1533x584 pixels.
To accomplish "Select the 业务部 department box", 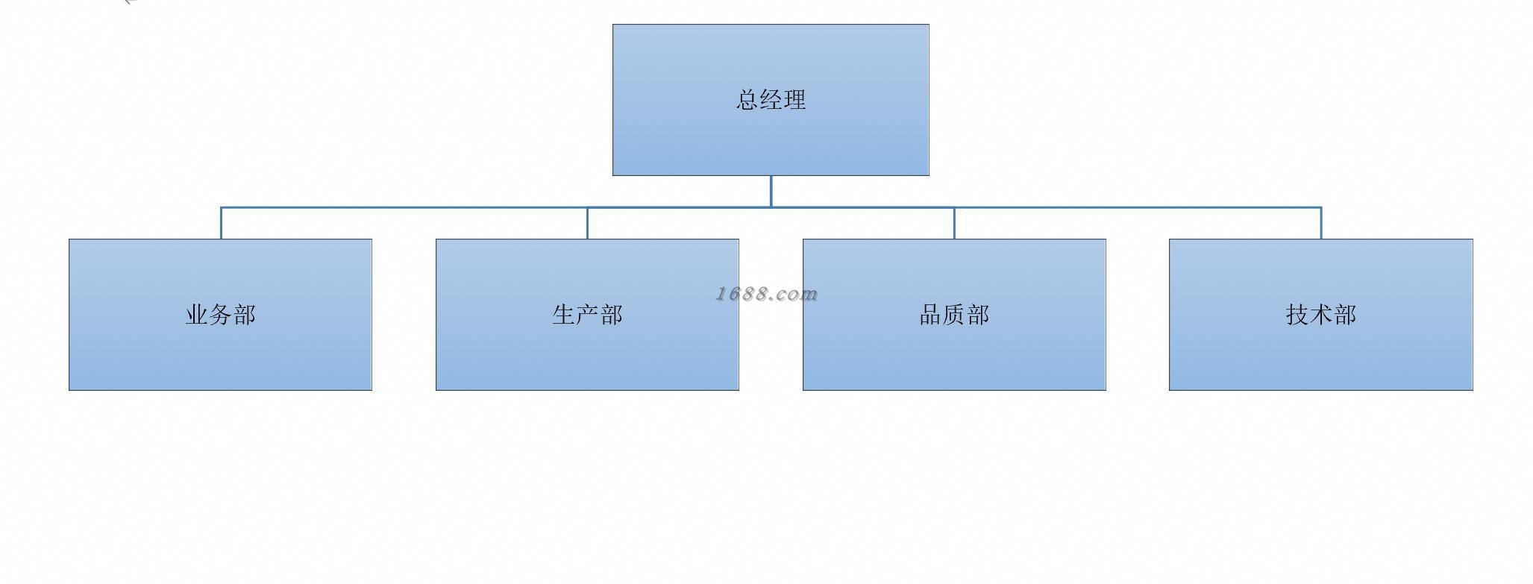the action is pos(220,351).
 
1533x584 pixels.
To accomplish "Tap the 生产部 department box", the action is pos(587,351).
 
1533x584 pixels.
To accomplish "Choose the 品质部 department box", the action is pos(954,351).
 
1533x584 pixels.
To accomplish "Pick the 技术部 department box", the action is pos(1320,351).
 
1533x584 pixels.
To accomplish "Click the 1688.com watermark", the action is pos(767,294).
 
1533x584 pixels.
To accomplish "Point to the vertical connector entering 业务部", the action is pos(221,223).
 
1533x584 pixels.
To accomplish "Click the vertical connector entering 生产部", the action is pos(587,224).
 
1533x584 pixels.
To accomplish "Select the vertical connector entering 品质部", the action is pos(954,224).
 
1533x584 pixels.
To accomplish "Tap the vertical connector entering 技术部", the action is pos(1321,223).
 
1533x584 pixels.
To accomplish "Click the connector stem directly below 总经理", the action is pos(771,191).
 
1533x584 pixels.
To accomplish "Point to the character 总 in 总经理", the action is pos(747,100).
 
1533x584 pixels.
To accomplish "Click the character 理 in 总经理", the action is pos(794,100).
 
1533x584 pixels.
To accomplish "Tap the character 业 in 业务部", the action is pos(197,315).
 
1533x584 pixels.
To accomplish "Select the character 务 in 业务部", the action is pos(221,315).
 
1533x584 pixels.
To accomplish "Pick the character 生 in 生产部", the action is pos(564,315).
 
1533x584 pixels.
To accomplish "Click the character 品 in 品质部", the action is pos(931,315).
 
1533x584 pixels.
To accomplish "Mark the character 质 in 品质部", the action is pos(954,315).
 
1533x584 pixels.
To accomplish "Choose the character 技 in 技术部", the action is pos(1298,315).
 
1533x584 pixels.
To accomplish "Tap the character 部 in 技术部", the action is pos(1345,315).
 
